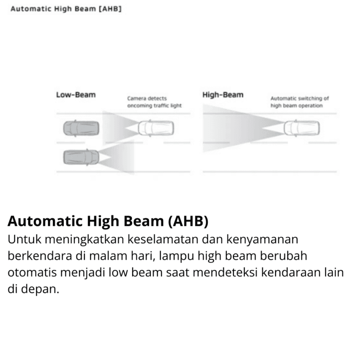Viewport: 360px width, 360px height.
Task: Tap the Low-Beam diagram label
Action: (x=75, y=95)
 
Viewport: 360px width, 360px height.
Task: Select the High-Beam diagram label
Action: (x=223, y=95)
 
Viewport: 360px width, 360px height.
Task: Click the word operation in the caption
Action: (x=308, y=106)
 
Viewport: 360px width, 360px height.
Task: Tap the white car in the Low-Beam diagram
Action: (x=156, y=127)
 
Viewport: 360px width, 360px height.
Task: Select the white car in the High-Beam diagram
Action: (x=301, y=127)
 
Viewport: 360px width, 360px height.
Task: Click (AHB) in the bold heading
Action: (x=188, y=221)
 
